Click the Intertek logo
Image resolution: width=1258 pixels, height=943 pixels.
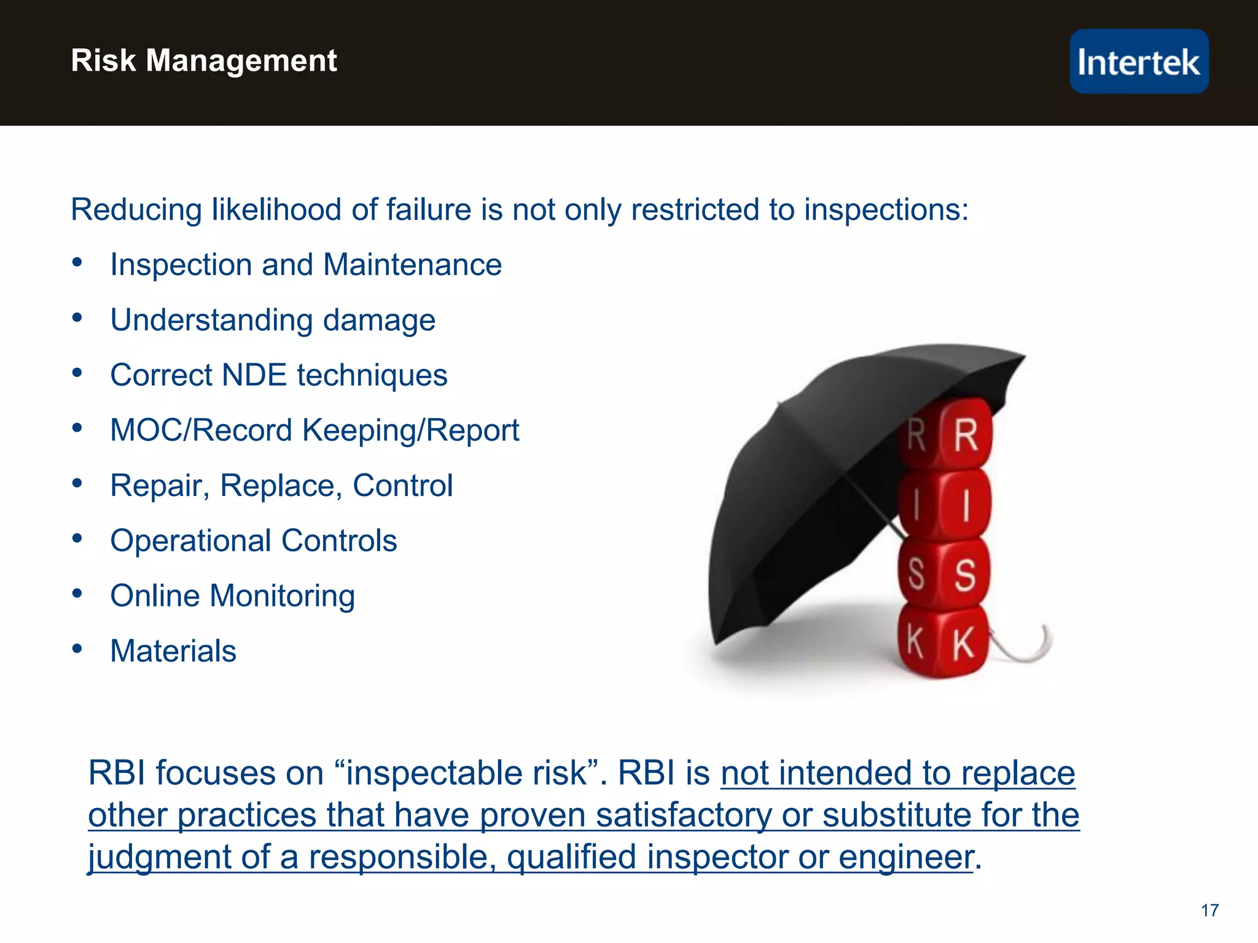pyautogui.click(x=1139, y=61)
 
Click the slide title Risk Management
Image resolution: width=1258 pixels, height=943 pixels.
pyautogui.click(x=204, y=61)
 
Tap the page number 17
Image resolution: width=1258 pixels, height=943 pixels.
pyautogui.click(x=1209, y=910)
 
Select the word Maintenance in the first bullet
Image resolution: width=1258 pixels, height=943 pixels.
pyautogui.click(x=412, y=265)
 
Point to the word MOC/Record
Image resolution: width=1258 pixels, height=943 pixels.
pyautogui.click(x=201, y=430)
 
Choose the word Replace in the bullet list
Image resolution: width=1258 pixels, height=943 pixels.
pyautogui.click(x=281, y=486)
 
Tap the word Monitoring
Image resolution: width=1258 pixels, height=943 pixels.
pyautogui.click(x=282, y=596)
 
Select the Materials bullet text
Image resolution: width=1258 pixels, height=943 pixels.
pyautogui.click(x=173, y=651)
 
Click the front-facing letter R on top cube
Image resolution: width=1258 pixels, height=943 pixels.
pyautogui.click(x=965, y=435)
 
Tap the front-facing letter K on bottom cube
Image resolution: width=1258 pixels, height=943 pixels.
pyautogui.click(x=963, y=644)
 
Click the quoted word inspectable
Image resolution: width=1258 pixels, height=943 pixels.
pyautogui.click(x=466, y=773)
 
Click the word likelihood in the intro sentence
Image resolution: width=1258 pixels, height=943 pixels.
pyautogui.click(x=276, y=210)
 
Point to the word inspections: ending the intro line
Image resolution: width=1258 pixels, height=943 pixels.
pyautogui.click(x=886, y=210)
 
